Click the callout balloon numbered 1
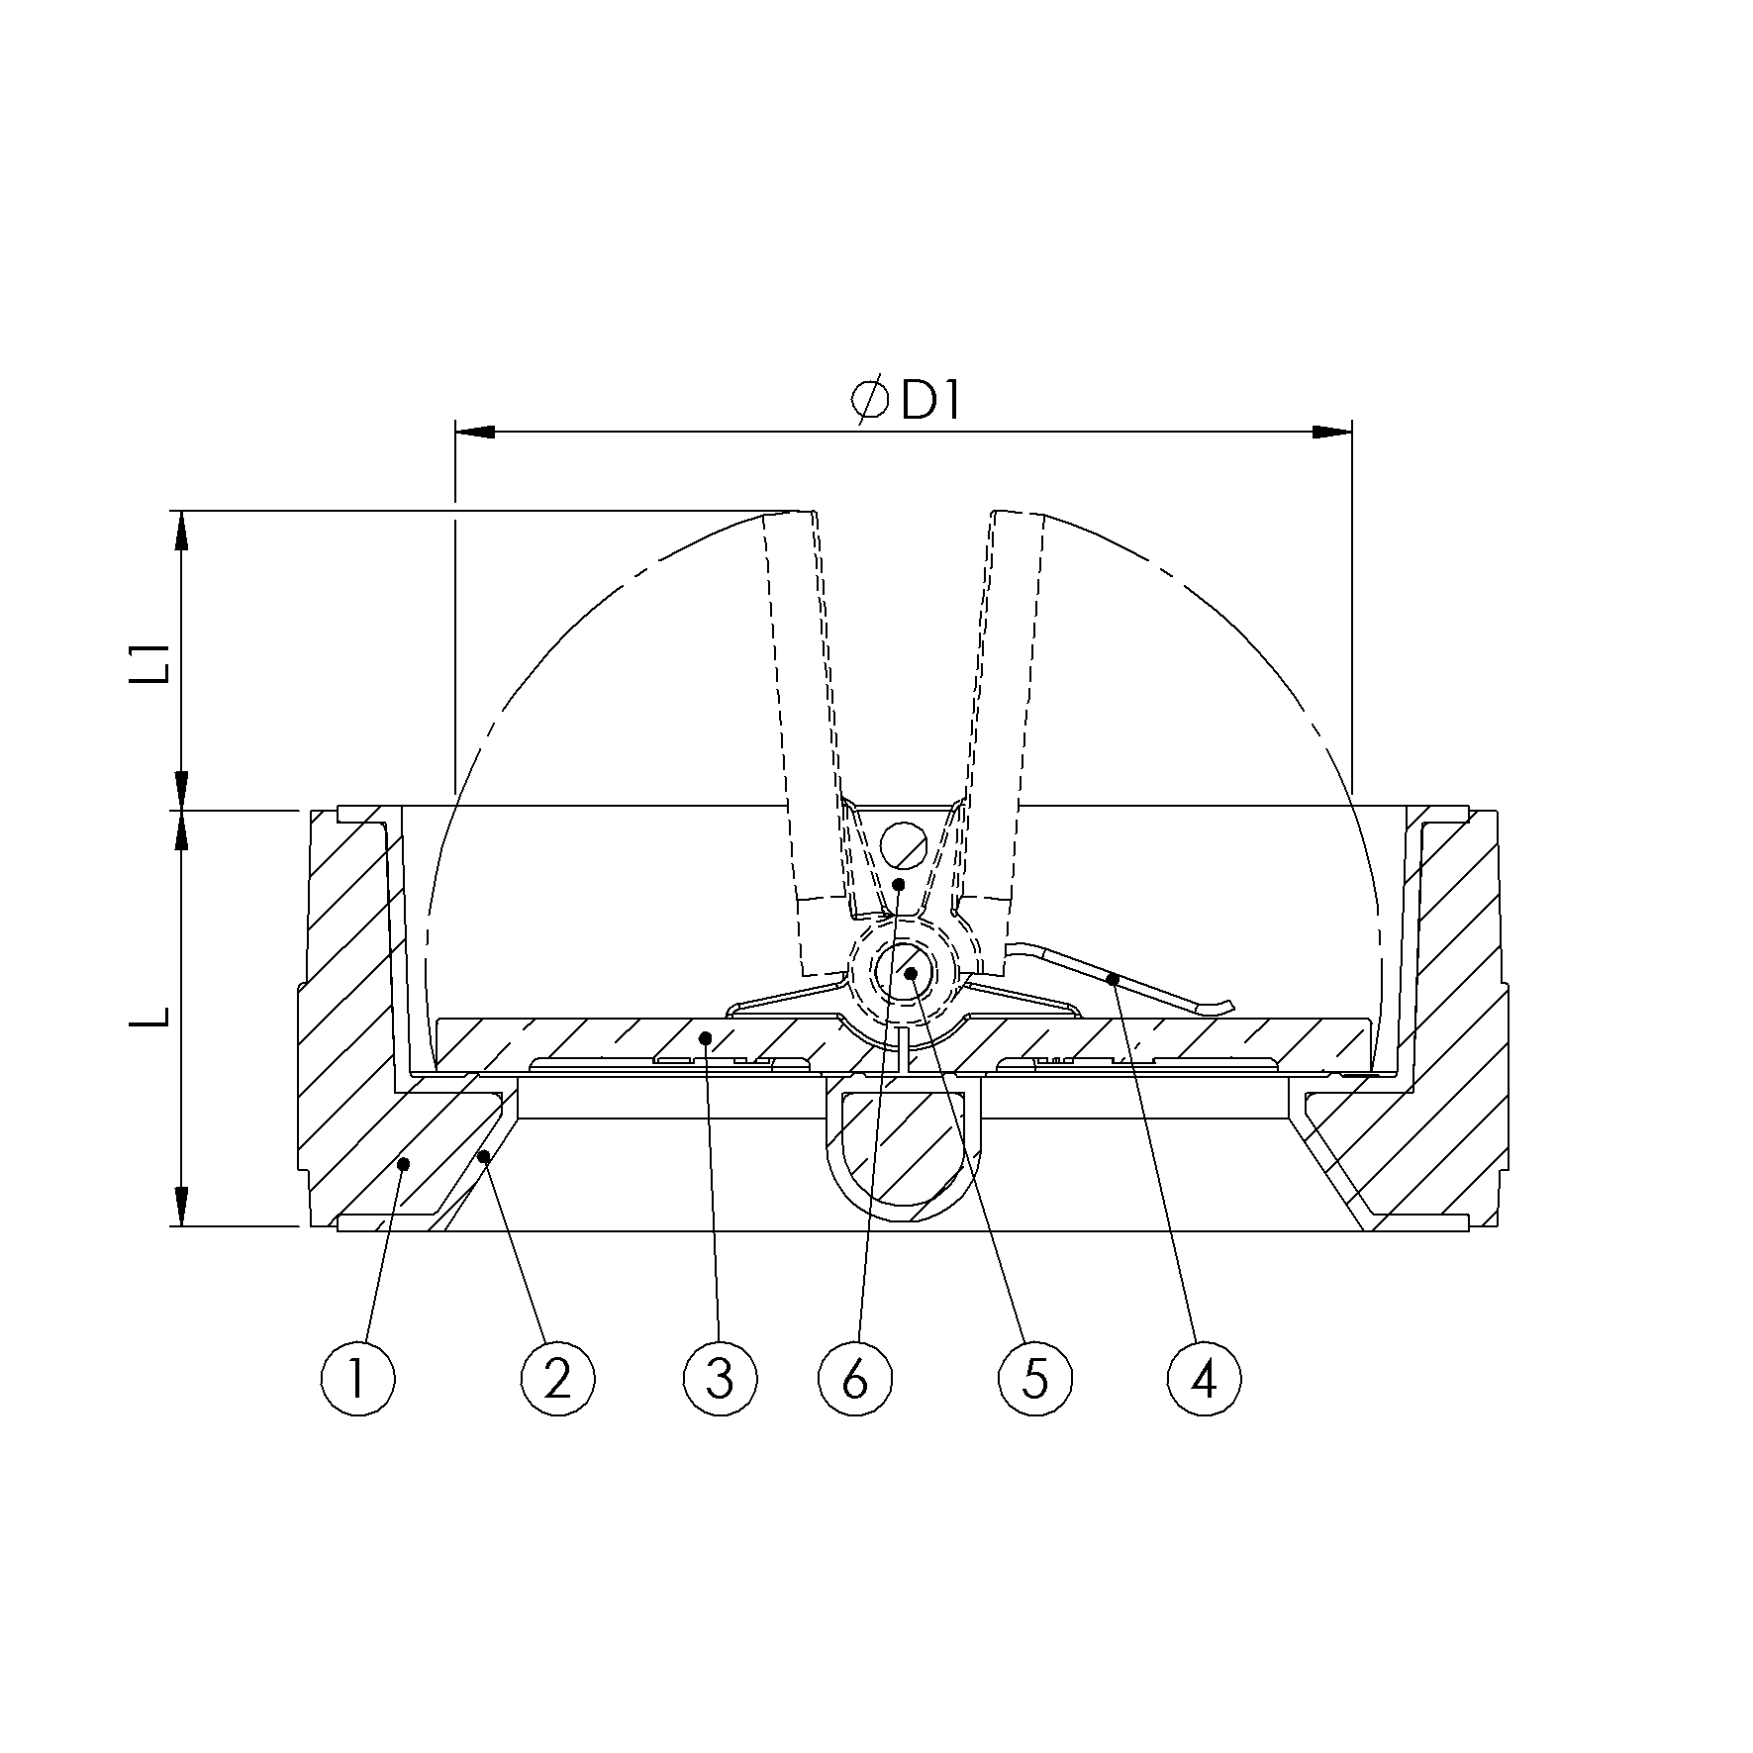point(358,1377)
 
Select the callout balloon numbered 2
point(557,1377)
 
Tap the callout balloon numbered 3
point(720,1377)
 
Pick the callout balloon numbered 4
point(1204,1377)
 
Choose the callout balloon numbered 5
point(1035,1377)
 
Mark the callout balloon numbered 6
point(855,1377)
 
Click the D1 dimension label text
point(930,402)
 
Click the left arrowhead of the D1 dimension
point(475,432)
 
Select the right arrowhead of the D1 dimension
point(1331,432)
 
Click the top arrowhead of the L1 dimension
point(181,531)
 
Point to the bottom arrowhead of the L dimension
point(181,1207)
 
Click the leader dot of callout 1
point(404,1165)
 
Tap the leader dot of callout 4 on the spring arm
point(1113,979)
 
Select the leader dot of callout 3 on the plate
point(706,1037)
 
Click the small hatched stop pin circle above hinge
point(904,844)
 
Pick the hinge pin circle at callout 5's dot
point(910,973)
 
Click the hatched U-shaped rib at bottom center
point(904,1153)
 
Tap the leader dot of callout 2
point(484,1155)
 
